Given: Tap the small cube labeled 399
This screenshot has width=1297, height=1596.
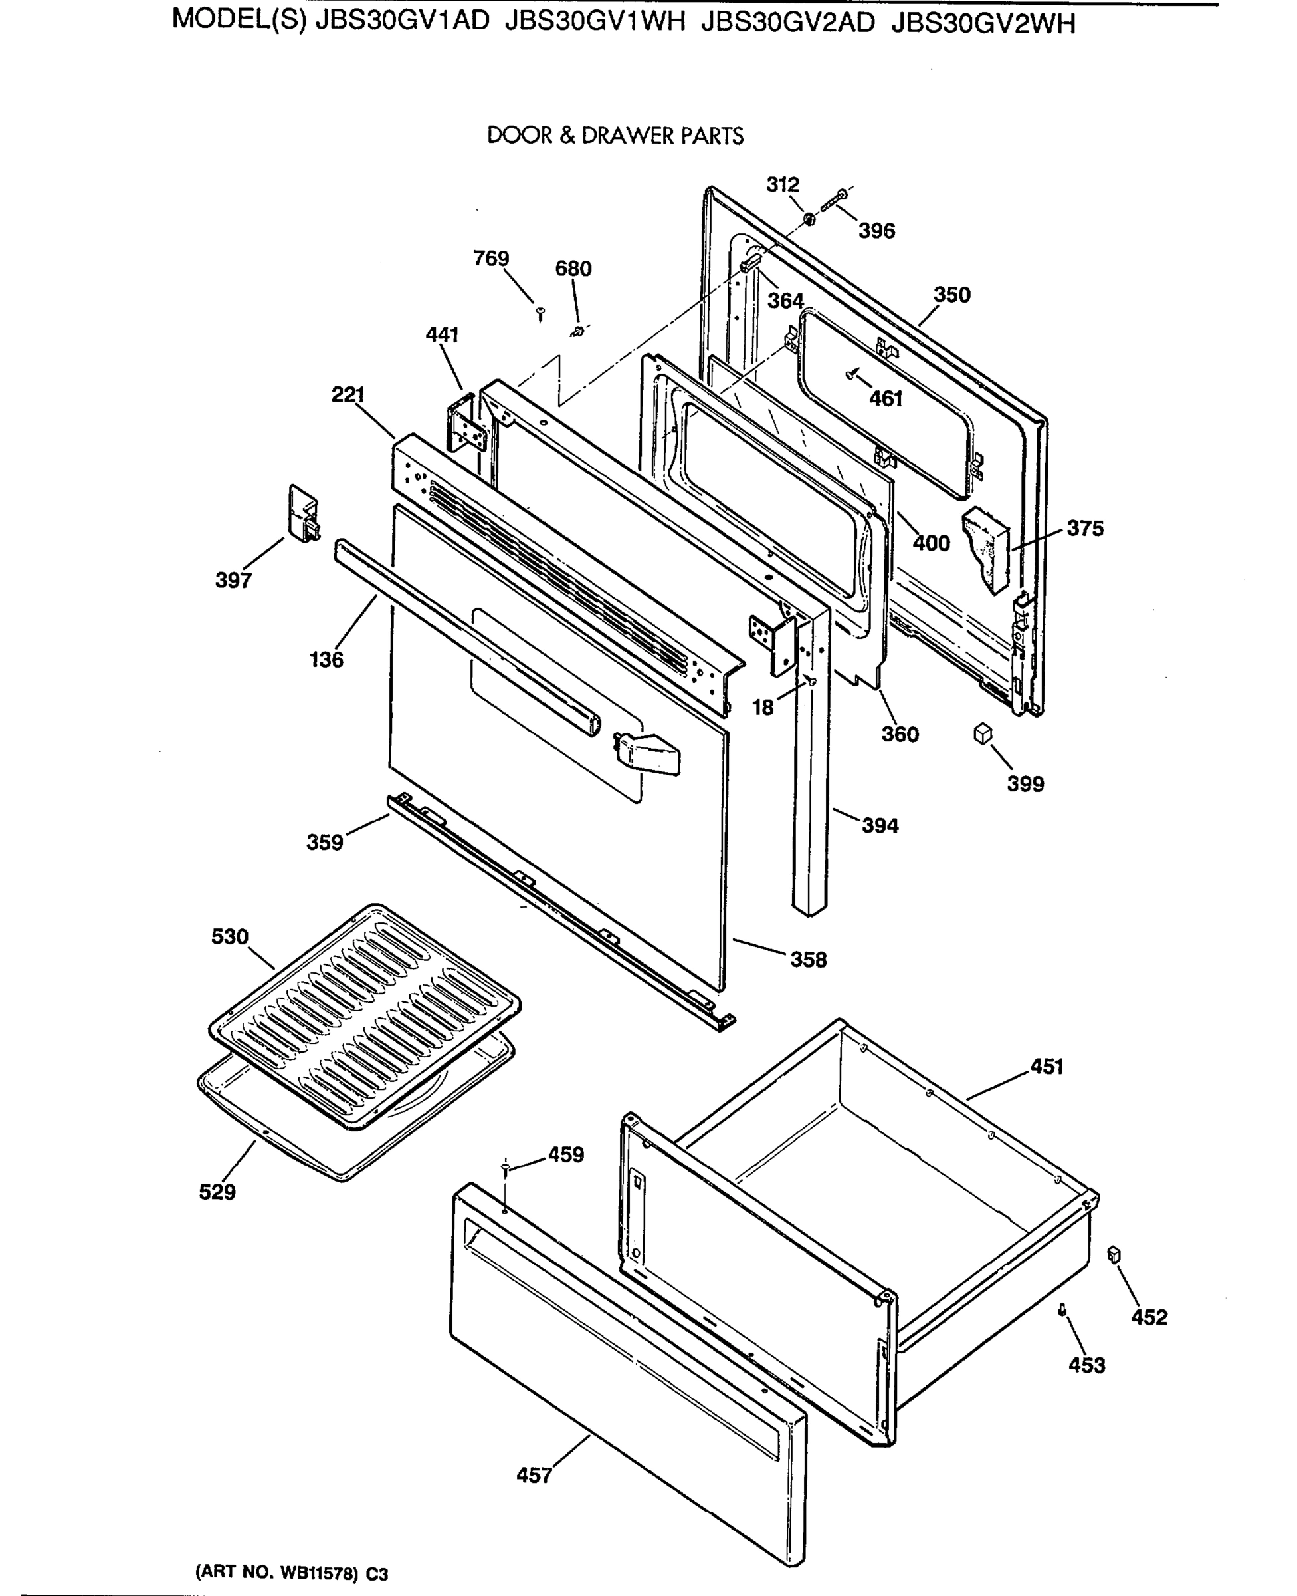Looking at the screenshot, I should click(983, 733).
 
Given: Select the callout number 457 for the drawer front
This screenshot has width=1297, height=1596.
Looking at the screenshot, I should click(534, 1475).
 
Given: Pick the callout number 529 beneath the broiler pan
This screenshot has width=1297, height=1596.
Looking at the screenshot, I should click(217, 1192).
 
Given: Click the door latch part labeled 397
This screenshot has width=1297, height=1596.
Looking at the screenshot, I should click(302, 513).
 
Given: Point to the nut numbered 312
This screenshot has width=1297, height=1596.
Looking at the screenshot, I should click(809, 219).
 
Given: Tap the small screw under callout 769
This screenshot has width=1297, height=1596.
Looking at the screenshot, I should click(540, 313).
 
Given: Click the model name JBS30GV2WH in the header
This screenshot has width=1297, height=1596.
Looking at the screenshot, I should click(983, 25).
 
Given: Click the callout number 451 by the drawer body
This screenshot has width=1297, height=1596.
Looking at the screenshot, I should click(1046, 1067).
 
